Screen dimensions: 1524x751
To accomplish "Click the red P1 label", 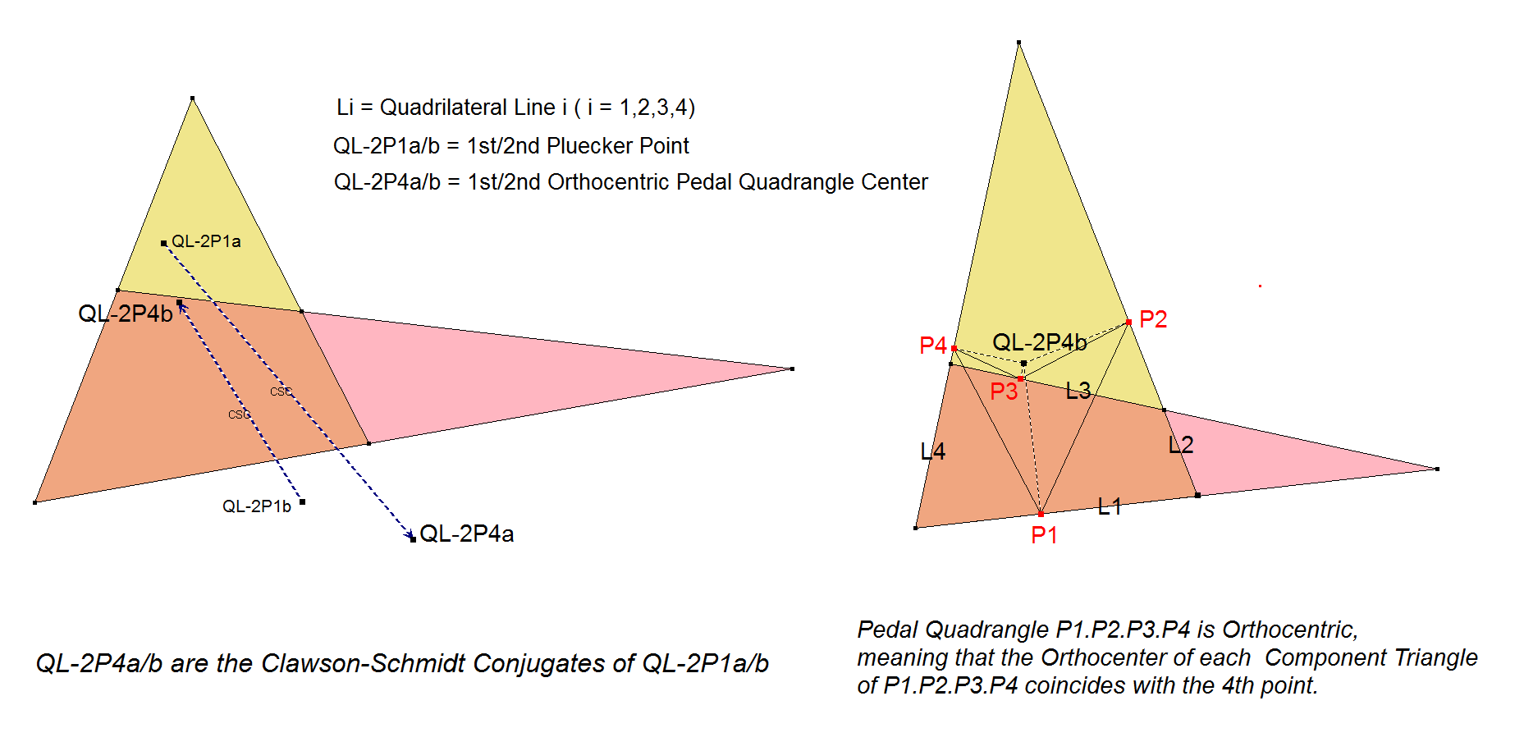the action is [1044, 535].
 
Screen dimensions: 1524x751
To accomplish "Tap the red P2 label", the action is [1153, 319].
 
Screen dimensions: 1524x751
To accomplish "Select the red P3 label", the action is [1004, 392].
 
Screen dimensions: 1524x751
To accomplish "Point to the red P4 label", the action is [933, 346].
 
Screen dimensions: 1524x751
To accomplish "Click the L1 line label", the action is [1110, 506].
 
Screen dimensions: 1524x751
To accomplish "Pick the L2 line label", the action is [1181, 445].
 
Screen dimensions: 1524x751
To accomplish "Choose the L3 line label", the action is [1078, 391].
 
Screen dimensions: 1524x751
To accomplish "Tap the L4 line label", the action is [933, 451].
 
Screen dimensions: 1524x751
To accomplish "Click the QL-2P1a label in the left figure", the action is [206, 241].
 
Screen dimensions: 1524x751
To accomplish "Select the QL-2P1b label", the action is [257, 506].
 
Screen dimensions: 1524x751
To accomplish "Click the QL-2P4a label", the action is [466, 534].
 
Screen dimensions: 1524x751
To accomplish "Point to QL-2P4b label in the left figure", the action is [126, 314].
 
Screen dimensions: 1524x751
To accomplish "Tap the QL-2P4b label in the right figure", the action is [1040, 342].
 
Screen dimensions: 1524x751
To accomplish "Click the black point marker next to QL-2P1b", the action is [302, 501].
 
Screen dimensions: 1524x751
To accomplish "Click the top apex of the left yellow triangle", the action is [192, 98].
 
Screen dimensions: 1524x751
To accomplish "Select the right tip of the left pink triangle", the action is [791, 369].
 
